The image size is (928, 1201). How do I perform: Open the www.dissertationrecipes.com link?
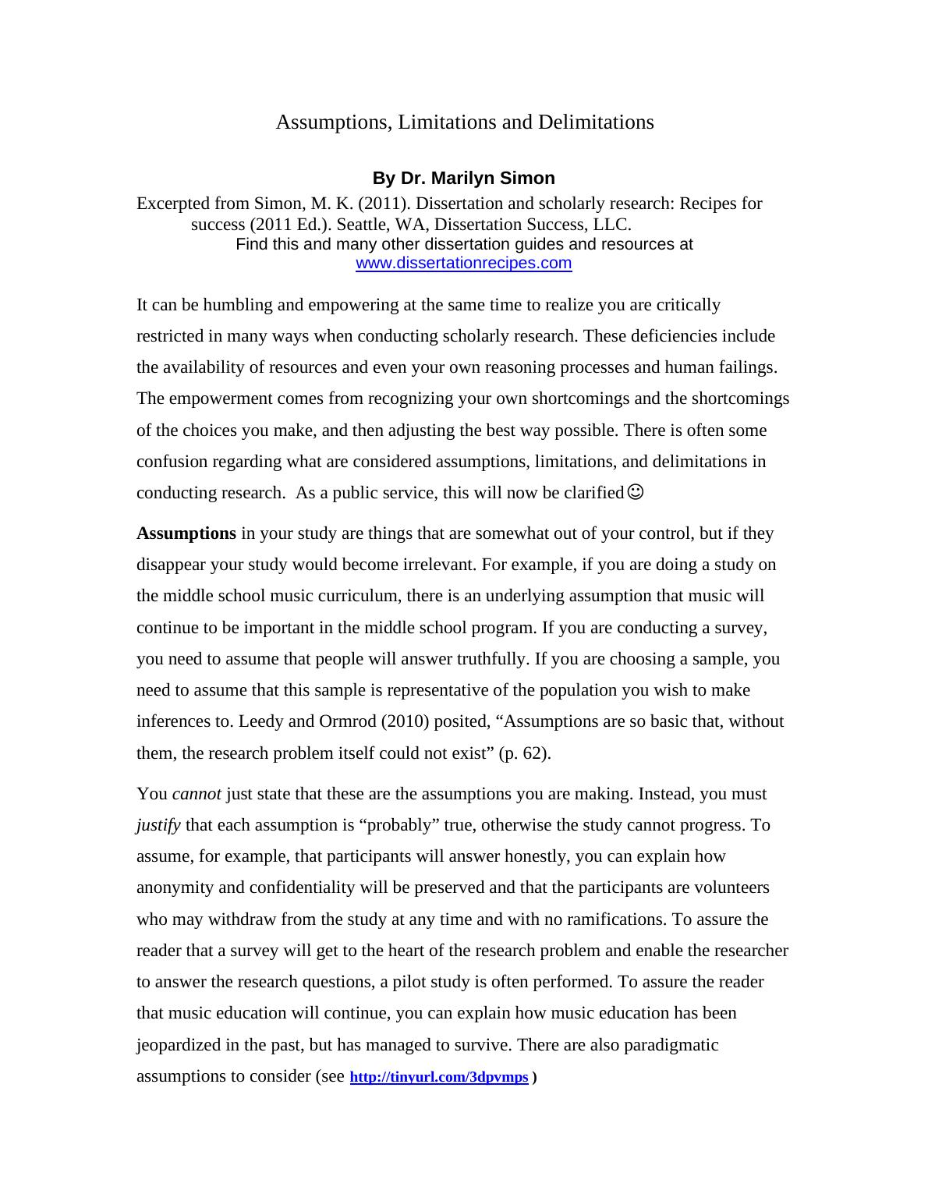coord(463,263)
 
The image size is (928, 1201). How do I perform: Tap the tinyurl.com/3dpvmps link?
coord(439,1077)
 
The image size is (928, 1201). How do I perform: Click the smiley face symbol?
coord(636,492)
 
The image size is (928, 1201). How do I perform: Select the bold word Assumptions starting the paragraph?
coord(186,533)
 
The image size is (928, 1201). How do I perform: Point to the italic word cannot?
coord(197,794)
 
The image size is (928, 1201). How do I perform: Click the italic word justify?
coord(158,825)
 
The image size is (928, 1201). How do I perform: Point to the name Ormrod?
coord(347,721)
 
